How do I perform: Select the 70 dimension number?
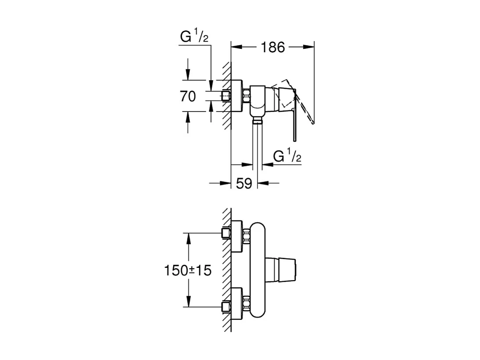click(188, 96)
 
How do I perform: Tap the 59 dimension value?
click(244, 183)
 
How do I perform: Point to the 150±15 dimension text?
click(188, 270)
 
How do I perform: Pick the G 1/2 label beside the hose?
click(287, 156)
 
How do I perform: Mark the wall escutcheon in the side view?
click(236, 96)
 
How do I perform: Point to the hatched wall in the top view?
click(226, 97)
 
